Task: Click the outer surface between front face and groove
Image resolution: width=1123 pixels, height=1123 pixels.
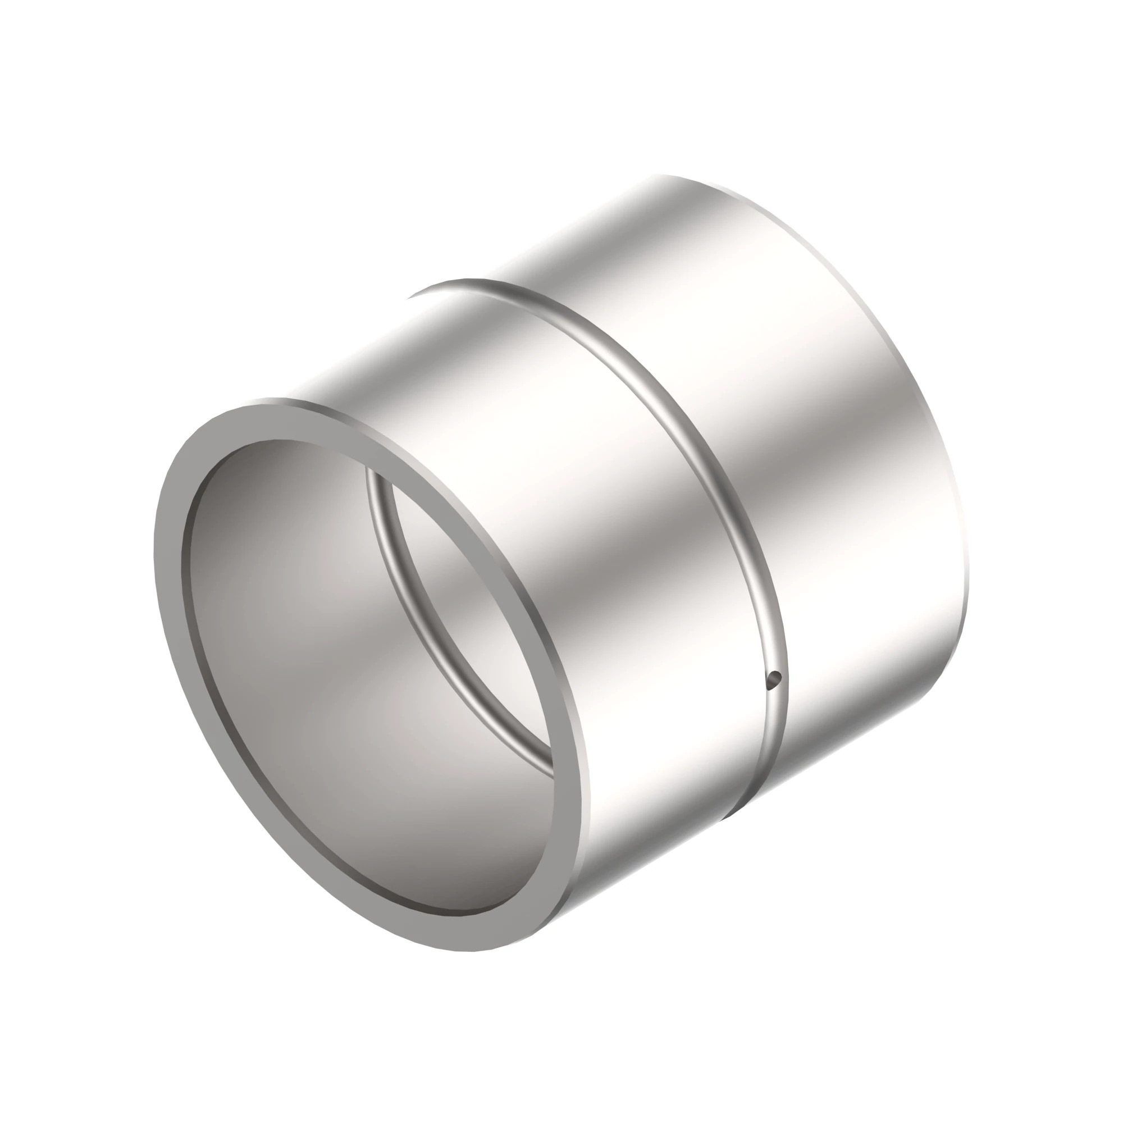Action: tap(523, 465)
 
